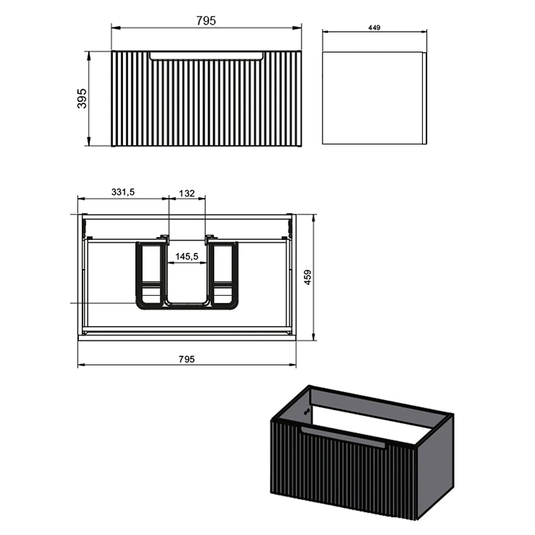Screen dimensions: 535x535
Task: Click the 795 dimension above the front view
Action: click(206, 21)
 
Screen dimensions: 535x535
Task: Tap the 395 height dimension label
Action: click(82, 98)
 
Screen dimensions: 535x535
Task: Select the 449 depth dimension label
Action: click(374, 27)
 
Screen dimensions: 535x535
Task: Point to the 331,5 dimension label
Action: click(123, 192)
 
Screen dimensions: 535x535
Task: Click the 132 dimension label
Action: click(187, 194)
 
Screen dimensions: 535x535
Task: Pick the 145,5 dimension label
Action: click(187, 256)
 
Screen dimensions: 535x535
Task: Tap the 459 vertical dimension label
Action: click(307, 278)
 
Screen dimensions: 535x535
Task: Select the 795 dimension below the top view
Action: click(187, 359)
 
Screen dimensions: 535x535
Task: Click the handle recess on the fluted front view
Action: click(207, 56)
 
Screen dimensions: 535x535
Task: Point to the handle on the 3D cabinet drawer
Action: click(343, 437)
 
